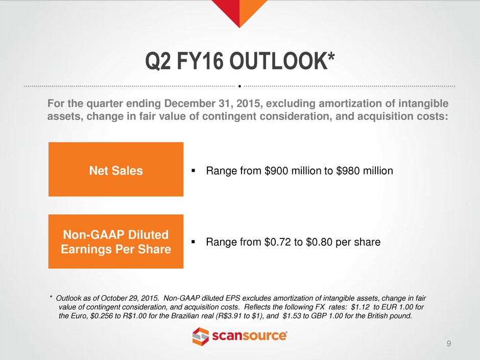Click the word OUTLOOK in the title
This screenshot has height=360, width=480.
click(278, 61)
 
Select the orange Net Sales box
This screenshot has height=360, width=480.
click(116, 170)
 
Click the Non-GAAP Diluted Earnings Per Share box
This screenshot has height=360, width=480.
click(116, 242)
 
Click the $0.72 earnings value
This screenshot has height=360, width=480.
click(278, 242)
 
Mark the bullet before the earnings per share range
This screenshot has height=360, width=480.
click(193, 242)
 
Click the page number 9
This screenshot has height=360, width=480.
click(449, 344)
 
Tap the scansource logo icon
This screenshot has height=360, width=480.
click(201, 337)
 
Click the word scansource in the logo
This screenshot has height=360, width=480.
click(250, 336)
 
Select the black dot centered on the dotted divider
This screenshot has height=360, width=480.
click(239, 86)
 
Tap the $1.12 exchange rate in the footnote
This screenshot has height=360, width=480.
click(360, 307)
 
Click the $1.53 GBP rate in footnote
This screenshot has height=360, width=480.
click(292, 316)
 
